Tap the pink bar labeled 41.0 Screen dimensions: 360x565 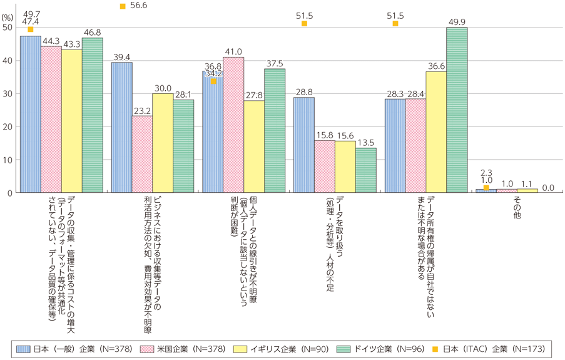233,125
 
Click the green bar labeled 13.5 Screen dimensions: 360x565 366,170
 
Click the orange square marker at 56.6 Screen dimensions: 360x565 123,6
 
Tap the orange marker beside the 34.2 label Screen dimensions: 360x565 213,81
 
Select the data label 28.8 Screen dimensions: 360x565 303,91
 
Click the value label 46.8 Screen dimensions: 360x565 92,33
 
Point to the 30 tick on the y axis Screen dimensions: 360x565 8,94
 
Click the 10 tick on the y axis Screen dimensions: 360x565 8,160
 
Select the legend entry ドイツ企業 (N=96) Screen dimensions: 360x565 377,348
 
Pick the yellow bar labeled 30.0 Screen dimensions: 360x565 163,143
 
